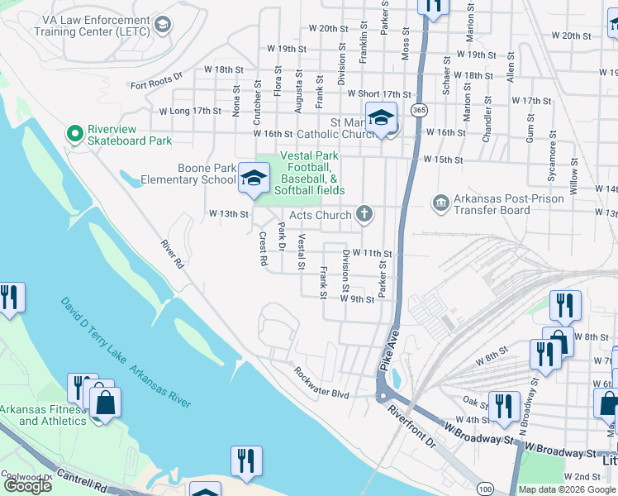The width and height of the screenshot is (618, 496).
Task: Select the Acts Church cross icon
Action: (364, 215)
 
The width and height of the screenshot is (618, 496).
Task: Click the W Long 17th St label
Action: (190, 110)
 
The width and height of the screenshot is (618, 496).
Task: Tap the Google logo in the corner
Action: (28, 486)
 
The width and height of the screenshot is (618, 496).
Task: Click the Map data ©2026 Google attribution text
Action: (565, 489)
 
